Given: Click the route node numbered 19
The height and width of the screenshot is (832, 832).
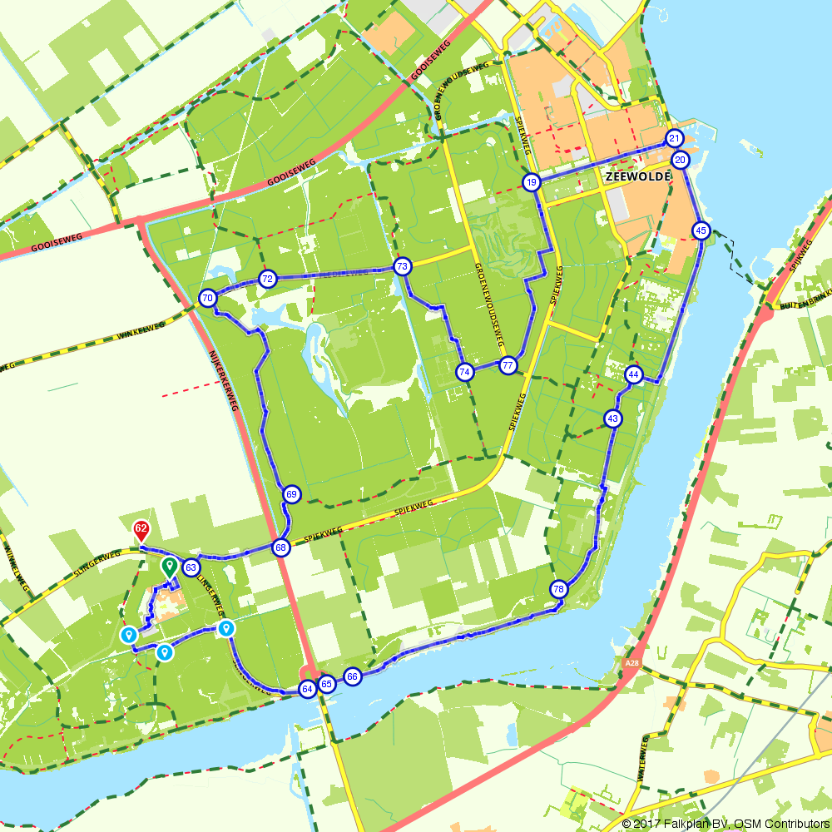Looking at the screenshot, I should [532, 182].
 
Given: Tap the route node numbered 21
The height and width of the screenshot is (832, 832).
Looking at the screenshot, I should [674, 138].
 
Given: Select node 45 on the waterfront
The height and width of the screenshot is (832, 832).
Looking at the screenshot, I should [701, 230].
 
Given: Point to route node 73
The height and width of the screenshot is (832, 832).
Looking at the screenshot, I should [403, 266].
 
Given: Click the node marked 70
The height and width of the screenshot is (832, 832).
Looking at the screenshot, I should [208, 298].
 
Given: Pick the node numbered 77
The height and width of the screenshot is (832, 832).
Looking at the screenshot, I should [508, 365].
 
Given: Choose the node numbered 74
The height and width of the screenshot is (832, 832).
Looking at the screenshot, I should [465, 372].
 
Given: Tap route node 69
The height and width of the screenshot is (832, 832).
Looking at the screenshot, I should [291, 494].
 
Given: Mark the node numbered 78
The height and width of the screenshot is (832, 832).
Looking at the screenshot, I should [558, 589].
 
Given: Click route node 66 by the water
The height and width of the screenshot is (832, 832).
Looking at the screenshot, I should [353, 677].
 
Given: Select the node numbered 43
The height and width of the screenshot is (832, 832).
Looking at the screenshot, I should [613, 418].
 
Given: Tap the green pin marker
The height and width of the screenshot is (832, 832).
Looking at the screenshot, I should [169, 567].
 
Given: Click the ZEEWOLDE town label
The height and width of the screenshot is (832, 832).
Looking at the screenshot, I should [628, 177].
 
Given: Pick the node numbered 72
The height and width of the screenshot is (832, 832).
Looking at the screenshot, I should [267, 279].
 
